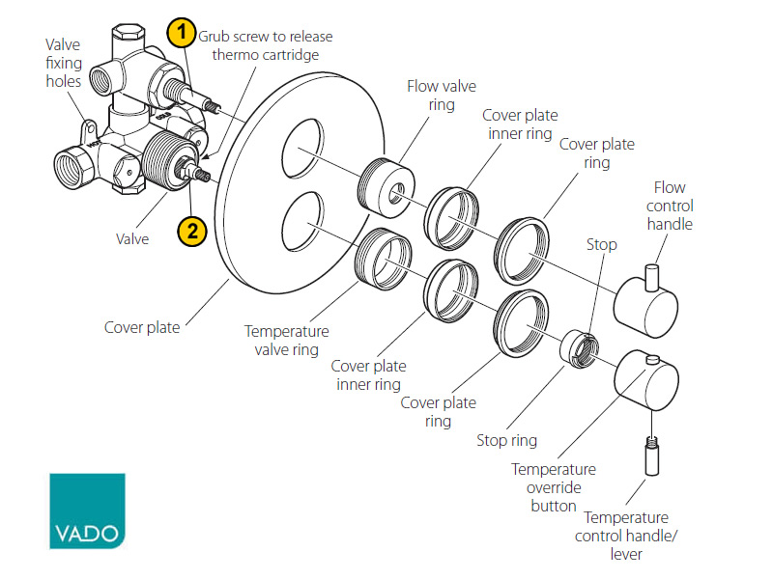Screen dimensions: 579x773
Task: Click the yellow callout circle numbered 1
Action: pos(182,34)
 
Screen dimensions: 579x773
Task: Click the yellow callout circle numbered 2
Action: pos(192,231)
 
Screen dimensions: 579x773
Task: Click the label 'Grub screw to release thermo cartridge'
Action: pos(265,45)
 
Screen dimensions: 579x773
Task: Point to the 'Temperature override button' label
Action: pos(553,487)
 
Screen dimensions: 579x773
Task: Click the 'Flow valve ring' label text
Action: pos(442,95)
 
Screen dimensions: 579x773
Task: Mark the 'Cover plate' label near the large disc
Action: pos(142,327)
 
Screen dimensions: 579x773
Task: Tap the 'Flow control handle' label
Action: pos(673,206)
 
